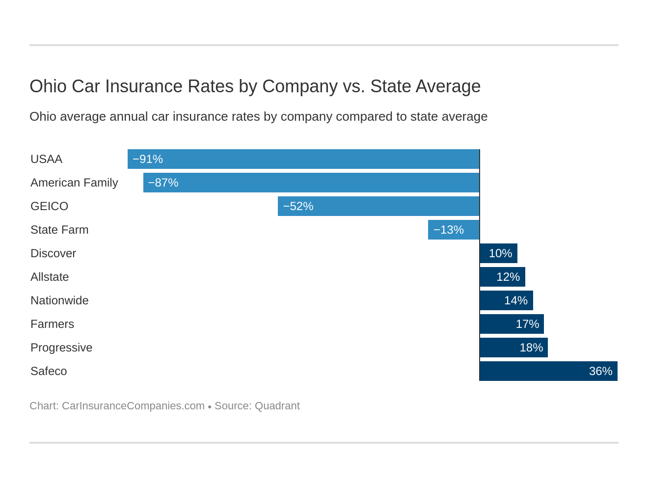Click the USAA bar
coord(303,159)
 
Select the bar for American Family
coord(311,183)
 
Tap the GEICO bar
coord(378,206)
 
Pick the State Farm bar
coord(454,230)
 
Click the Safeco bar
coord(548,371)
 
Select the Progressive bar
coord(513,348)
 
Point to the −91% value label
coord(148,159)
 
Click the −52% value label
coord(298,206)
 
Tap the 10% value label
coord(500,253)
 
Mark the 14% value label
coord(515,300)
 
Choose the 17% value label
coord(527,324)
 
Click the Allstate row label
coord(50,277)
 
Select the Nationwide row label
coord(59,300)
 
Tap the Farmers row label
coord(52,324)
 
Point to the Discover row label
coord(53,253)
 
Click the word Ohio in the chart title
coord(48,86)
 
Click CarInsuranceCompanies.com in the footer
coord(133,406)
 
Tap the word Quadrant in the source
coord(277,406)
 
